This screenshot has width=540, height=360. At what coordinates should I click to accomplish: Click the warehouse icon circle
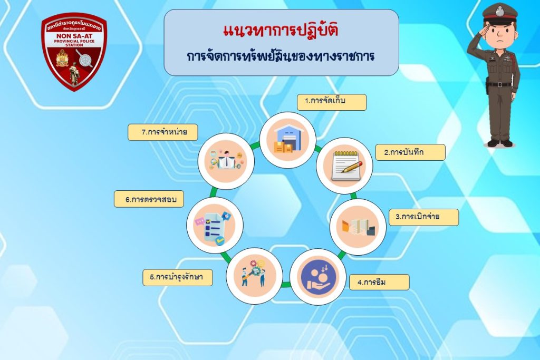(x=287, y=140)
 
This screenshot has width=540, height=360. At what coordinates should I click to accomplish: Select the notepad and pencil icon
(x=346, y=166)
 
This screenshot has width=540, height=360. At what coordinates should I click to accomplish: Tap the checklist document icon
(x=214, y=226)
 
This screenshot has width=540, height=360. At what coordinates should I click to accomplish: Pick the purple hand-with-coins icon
(x=317, y=277)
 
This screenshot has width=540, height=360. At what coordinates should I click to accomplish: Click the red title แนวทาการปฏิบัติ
(x=281, y=30)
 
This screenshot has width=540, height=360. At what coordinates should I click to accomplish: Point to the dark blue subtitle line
(x=281, y=56)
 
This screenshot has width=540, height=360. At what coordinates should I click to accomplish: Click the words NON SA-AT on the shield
(x=74, y=35)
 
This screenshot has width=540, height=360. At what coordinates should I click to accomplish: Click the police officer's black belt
(x=499, y=84)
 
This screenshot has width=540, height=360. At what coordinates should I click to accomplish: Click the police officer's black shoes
(x=500, y=143)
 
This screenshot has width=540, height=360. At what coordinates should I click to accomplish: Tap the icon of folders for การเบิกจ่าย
(x=358, y=227)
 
